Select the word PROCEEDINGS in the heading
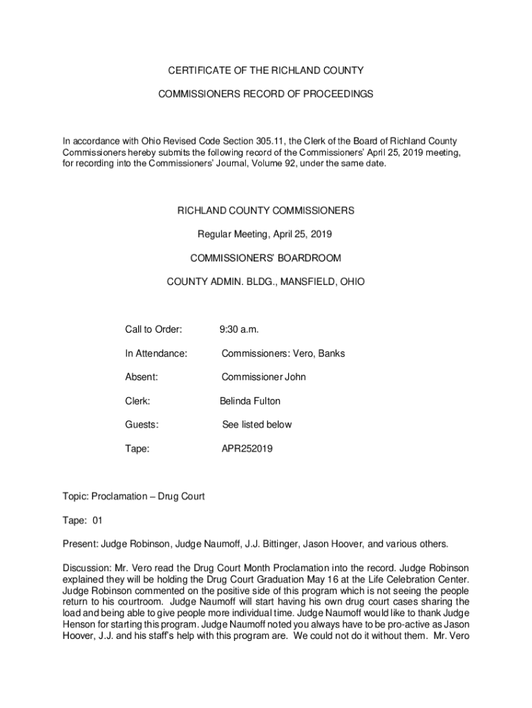[x=334, y=93]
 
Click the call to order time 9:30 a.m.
[x=240, y=330]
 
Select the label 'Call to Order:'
[x=153, y=330]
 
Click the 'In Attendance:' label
[x=156, y=353]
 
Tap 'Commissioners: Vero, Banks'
[x=283, y=353]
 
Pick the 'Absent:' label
[x=142, y=377]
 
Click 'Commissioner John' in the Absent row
[x=263, y=377]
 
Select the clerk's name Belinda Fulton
[x=250, y=401]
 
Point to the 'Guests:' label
[x=142, y=425]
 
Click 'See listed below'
[x=257, y=425]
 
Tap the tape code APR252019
[x=247, y=448]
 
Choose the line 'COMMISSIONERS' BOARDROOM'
[x=266, y=259]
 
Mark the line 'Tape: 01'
[x=82, y=520]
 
